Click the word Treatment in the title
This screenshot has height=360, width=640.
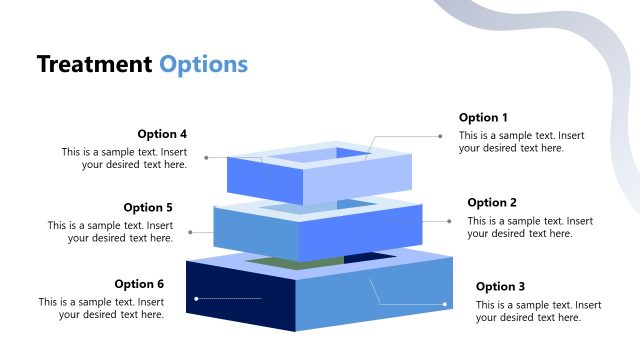coord(94,65)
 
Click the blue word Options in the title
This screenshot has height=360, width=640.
coord(203,65)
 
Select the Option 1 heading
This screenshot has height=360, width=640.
coord(483,118)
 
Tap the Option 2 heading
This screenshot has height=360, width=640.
coord(492,203)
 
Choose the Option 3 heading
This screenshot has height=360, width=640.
coord(500,287)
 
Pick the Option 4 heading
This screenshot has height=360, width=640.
coord(162,134)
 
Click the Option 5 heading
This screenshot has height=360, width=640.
coord(148,208)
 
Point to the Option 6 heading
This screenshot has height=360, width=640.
coord(139,284)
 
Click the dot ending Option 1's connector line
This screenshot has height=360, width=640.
coord(441,136)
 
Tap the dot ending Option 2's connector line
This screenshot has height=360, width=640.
coord(449,221)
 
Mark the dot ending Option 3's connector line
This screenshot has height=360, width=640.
coord(445,304)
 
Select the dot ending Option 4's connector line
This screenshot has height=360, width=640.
coord(206,157)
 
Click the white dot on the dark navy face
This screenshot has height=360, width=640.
coord(197,298)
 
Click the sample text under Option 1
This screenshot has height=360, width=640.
coord(521,142)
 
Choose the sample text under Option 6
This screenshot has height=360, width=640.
coord(101,308)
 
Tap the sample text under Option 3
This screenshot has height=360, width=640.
coord(538,311)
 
